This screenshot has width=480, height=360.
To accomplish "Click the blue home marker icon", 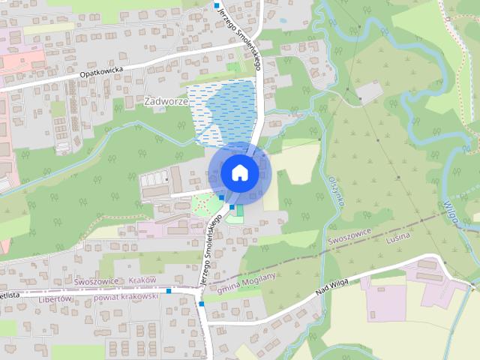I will click(239, 172).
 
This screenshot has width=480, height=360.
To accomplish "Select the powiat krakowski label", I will click(126, 297).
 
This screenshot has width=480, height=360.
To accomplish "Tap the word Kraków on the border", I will click(142, 278).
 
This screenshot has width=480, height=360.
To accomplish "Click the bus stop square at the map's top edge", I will click(217, 6).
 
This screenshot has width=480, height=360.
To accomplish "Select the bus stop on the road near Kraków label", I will click(169, 290).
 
